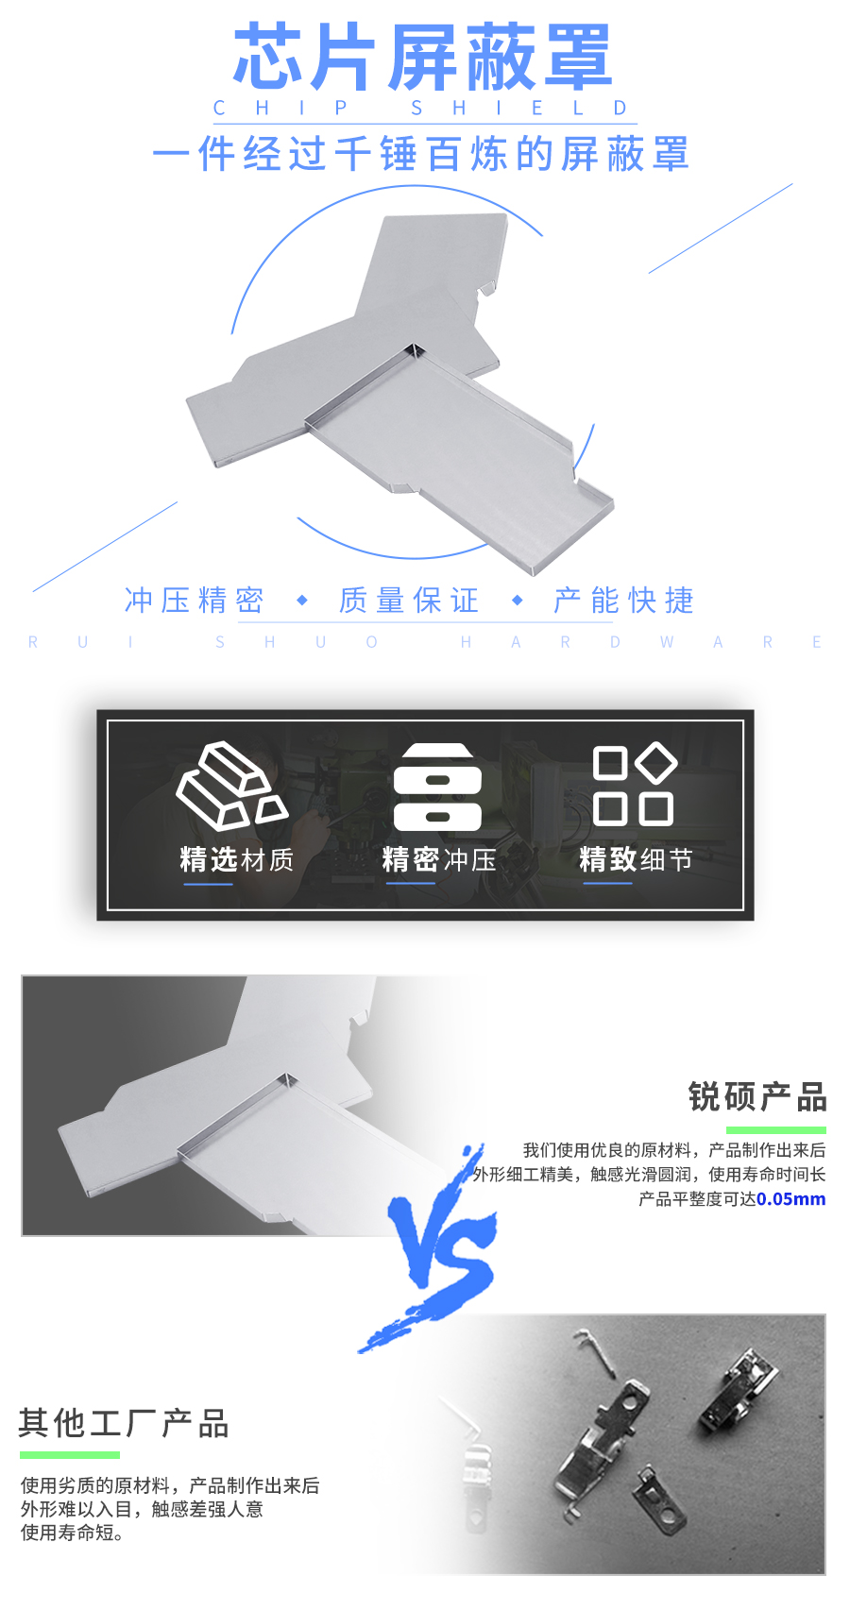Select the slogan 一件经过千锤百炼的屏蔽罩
[x=421, y=154]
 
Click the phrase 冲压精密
[x=194, y=601]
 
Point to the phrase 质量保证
[x=409, y=601]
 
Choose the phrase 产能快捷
[x=624, y=601]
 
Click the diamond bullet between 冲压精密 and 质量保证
[x=302, y=601]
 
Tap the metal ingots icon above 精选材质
[x=231, y=786]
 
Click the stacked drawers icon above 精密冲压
[x=437, y=787]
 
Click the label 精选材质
[x=237, y=859]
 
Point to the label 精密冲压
[x=439, y=859]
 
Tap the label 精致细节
[x=636, y=859]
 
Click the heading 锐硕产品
[x=757, y=1097]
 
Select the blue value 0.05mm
[x=791, y=1199]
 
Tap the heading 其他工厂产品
[x=124, y=1423]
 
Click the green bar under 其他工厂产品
[x=70, y=1455]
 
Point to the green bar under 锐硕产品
[x=776, y=1130]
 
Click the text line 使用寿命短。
[x=73, y=1533]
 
